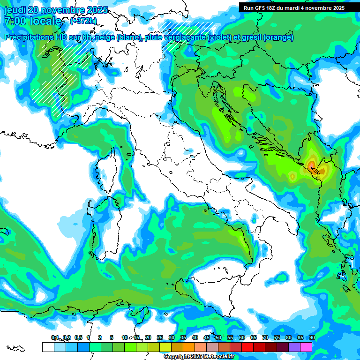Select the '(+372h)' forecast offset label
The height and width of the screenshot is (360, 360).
point(84,21)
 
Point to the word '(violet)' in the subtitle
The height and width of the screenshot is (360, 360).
point(224,37)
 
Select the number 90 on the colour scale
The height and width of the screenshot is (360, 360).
point(312,337)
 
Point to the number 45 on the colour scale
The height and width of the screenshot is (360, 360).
point(207,337)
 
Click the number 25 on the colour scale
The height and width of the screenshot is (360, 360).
point(160,337)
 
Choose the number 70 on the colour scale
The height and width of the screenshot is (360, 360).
point(265,337)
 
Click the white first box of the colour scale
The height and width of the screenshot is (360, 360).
point(48,347)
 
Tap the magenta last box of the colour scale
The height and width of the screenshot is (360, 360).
point(306,347)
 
